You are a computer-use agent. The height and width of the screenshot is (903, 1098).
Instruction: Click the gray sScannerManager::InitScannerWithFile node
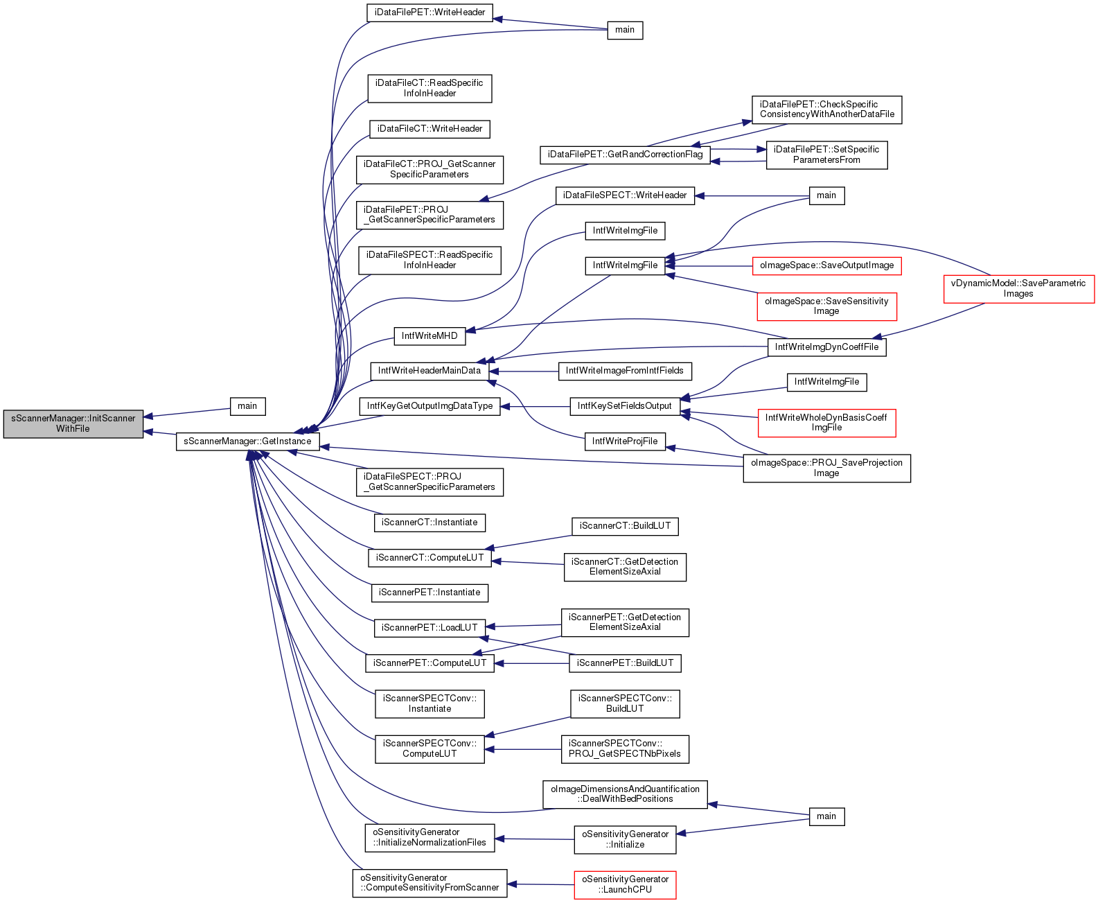73,423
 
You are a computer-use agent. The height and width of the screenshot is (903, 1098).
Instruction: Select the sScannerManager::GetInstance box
247,441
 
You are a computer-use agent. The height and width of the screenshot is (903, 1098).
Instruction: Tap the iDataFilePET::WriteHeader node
430,12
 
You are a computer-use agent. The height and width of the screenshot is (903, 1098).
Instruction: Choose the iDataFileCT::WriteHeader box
430,129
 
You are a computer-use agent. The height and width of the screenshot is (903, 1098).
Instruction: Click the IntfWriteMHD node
430,336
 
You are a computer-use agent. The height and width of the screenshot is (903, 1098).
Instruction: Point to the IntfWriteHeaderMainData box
430,371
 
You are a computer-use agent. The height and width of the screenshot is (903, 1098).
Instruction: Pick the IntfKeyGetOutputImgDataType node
430,406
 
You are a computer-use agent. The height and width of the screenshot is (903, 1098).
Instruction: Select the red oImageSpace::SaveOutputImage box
826,265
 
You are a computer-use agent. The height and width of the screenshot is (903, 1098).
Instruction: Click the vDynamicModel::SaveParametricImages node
1018,288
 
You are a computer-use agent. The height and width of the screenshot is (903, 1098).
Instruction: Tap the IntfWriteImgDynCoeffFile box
826,347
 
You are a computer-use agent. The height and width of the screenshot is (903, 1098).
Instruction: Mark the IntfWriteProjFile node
625,441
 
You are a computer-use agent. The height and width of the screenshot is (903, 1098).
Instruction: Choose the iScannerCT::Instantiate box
430,523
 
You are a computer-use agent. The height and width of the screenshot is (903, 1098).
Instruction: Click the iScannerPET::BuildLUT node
625,663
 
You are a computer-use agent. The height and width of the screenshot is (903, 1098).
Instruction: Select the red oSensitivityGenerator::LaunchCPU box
625,885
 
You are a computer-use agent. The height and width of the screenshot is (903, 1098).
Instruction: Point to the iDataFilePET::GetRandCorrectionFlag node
625,155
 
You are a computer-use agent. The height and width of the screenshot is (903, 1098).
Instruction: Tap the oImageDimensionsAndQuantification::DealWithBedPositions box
625,794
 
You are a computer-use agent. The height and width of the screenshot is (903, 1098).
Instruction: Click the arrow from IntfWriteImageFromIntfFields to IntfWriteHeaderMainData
524,371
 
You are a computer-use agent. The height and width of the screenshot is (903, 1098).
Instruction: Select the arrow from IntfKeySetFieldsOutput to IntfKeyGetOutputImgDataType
535,406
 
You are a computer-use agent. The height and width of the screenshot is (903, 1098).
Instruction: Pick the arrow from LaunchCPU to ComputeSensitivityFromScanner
540,884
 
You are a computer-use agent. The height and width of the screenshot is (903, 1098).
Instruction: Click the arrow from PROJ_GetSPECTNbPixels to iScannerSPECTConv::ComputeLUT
523,749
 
